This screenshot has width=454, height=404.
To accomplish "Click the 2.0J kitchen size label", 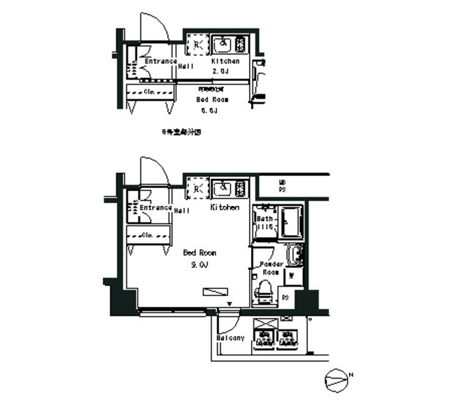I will [220, 72].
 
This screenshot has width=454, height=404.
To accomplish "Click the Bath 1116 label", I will [265, 224].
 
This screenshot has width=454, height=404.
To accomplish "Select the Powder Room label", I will [273, 268].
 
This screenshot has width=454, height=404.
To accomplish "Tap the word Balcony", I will [231, 338].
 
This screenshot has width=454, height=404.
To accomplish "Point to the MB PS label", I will [282, 187].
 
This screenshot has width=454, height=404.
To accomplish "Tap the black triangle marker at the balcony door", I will [229, 306].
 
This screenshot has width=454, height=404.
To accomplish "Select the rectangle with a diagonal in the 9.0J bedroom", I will [215, 291].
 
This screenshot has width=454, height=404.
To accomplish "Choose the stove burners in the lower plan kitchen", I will [240, 190].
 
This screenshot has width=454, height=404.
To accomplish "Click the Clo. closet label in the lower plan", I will [150, 235].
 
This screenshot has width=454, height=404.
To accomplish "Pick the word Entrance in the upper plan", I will [160, 61].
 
